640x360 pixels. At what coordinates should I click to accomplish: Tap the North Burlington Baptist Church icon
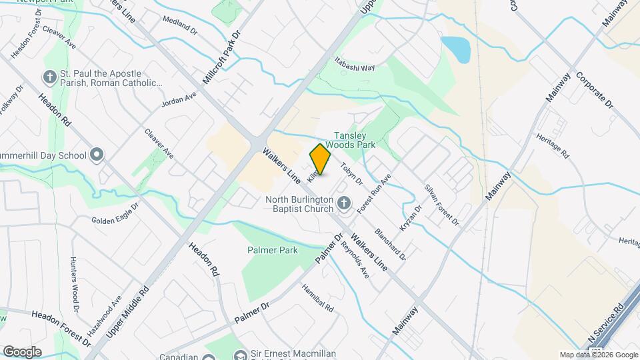pyautogui.click(x=343, y=203)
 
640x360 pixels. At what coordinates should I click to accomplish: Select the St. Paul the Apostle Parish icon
pyautogui.click(x=49, y=78)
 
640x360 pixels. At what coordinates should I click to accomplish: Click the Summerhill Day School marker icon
pyautogui.click(x=97, y=156)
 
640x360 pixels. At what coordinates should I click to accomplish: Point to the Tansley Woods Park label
pyautogui.click(x=355, y=139)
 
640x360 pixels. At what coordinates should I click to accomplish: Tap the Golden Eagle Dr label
pyautogui.click(x=114, y=221)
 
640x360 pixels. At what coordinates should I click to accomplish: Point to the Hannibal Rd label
pyautogui.click(x=317, y=299)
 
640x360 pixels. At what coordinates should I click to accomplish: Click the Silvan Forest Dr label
pyautogui.click(x=441, y=203)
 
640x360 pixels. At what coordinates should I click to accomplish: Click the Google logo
pyautogui.click(x=22, y=351)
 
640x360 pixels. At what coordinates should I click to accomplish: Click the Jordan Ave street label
pyautogui.click(x=179, y=100)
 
